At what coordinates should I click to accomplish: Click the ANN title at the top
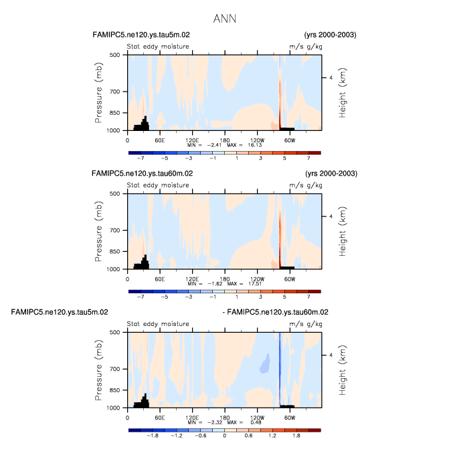click(x=224, y=19)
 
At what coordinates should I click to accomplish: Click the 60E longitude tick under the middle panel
click(x=160, y=279)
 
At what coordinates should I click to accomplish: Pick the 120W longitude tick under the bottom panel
click(x=257, y=418)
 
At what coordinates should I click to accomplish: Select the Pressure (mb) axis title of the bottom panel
click(x=99, y=369)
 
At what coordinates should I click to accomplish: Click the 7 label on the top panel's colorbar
click(x=309, y=159)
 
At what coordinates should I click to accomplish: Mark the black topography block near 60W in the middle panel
click(x=287, y=267)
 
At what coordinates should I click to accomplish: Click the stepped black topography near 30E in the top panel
click(x=141, y=124)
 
